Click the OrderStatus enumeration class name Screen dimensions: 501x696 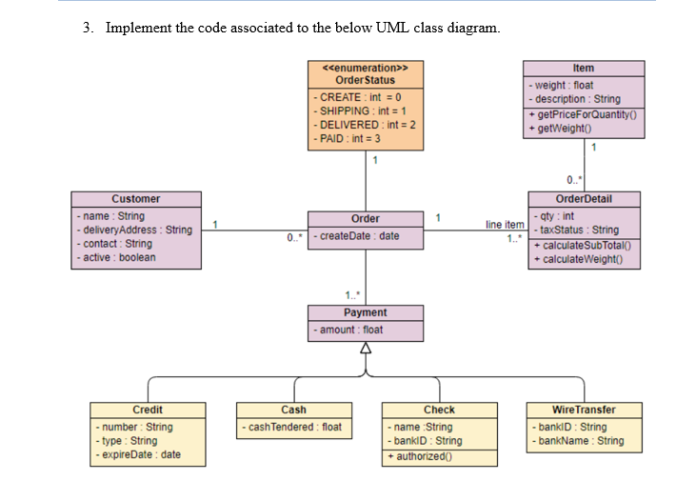click(x=366, y=80)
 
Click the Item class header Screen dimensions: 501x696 click(x=584, y=68)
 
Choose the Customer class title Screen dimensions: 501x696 click(x=136, y=199)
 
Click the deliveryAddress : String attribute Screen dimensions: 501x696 click(x=136, y=230)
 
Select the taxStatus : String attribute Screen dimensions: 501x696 click(x=579, y=230)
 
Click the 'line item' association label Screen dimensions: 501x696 click(x=505, y=225)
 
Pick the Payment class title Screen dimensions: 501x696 click(x=366, y=312)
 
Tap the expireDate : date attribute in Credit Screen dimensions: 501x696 click(x=140, y=454)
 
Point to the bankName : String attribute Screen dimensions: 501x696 click(x=581, y=440)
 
